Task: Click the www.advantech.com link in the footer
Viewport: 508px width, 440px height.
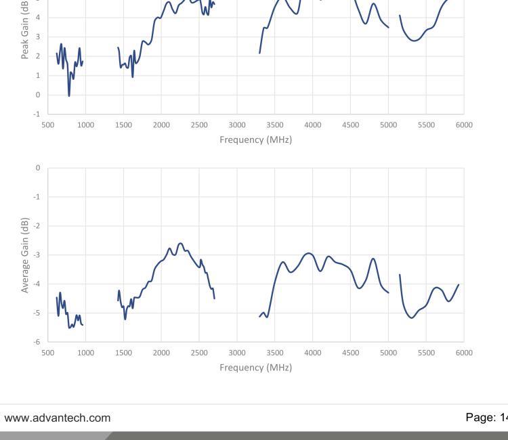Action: pos(58,418)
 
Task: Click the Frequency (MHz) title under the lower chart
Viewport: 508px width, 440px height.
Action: pos(255,368)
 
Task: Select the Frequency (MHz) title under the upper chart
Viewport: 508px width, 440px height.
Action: pos(255,140)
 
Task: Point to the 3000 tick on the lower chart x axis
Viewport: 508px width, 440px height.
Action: pos(237,353)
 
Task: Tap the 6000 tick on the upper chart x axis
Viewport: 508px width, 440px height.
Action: pos(464,125)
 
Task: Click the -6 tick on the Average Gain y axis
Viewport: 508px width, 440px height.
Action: pos(38,343)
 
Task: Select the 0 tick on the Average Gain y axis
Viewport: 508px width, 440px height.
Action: pos(39,167)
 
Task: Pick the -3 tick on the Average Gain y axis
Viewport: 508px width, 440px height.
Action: pos(38,255)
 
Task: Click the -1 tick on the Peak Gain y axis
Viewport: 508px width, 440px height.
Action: pos(38,114)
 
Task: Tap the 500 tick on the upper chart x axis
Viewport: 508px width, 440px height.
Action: pos(48,125)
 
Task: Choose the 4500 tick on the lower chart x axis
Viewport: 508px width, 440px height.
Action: pos(350,353)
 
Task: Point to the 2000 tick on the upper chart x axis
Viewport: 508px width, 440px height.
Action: pos(161,125)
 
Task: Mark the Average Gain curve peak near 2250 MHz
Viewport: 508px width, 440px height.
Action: pos(180,243)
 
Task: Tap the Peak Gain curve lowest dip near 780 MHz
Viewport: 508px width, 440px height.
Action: pos(69,95)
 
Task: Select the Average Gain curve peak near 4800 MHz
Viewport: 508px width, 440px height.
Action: pos(373,259)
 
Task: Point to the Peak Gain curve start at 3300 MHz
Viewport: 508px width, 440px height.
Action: pos(259,53)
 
